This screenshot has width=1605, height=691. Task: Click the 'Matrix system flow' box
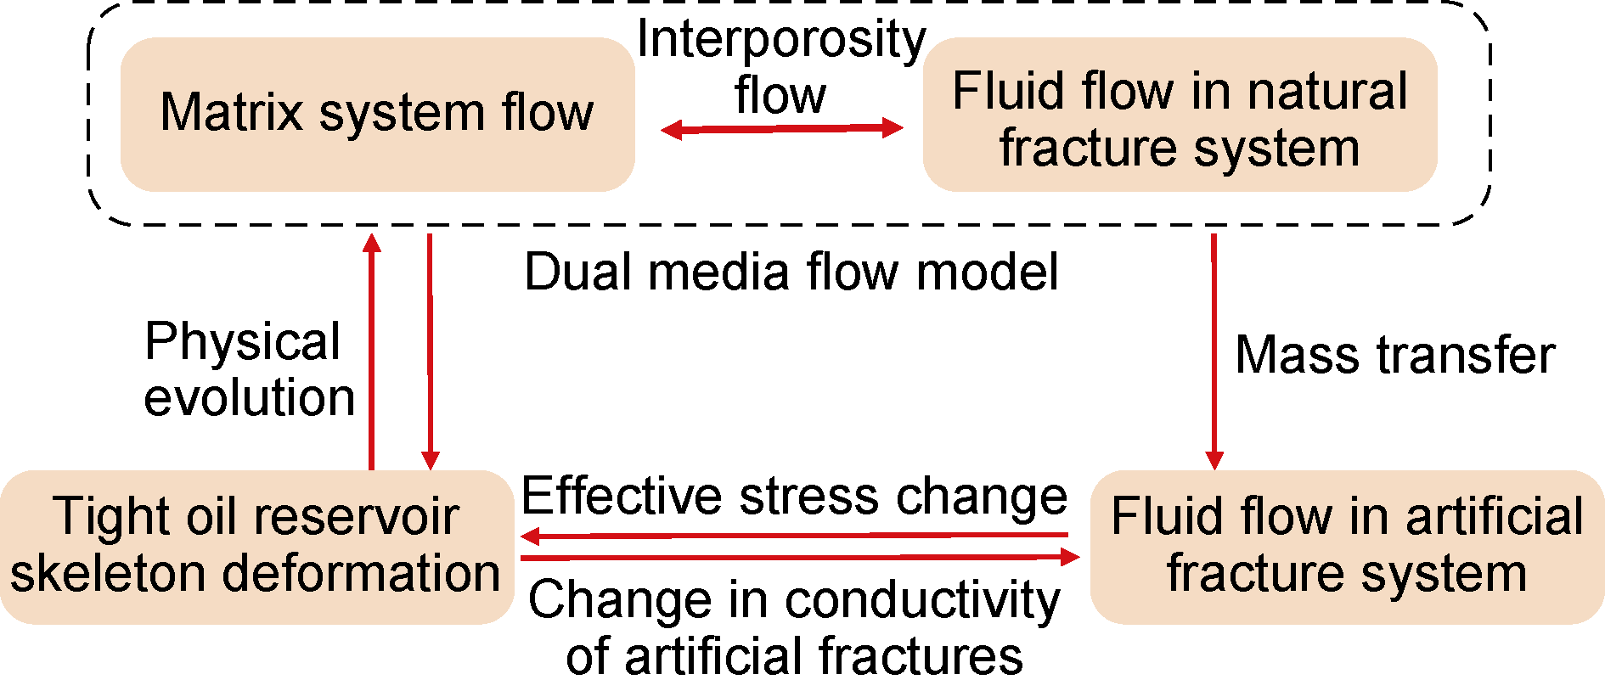(x=377, y=114)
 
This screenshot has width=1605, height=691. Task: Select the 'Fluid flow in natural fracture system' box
(x=1179, y=115)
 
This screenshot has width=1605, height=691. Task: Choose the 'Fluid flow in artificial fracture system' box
(x=1347, y=547)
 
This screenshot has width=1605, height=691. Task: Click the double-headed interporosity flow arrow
(x=781, y=128)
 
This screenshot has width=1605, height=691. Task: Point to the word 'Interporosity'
(x=781, y=39)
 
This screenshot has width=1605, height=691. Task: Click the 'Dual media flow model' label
(x=791, y=272)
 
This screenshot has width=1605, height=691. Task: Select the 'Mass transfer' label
(x=1394, y=354)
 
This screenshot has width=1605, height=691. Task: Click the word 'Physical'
(x=243, y=342)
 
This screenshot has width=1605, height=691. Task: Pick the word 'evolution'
(x=249, y=397)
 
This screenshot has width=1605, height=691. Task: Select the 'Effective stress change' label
(x=794, y=496)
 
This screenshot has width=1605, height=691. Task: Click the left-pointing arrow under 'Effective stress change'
(x=794, y=536)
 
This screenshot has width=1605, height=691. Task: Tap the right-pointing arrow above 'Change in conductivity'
(x=798, y=558)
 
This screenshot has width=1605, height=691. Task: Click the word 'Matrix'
(x=232, y=112)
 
